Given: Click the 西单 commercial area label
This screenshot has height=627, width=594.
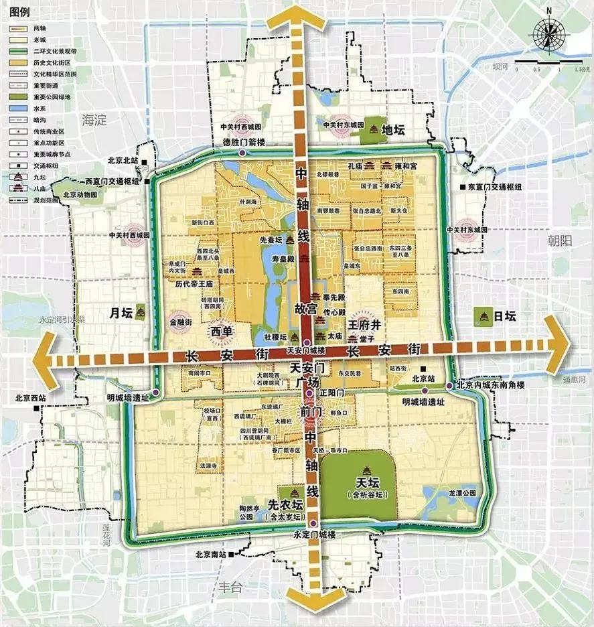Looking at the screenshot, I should click(x=221, y=330).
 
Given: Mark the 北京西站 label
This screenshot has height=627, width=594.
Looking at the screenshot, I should click(x=31, y=398).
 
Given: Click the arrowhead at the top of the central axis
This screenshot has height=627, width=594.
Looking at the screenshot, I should click(x=304, y=17).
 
